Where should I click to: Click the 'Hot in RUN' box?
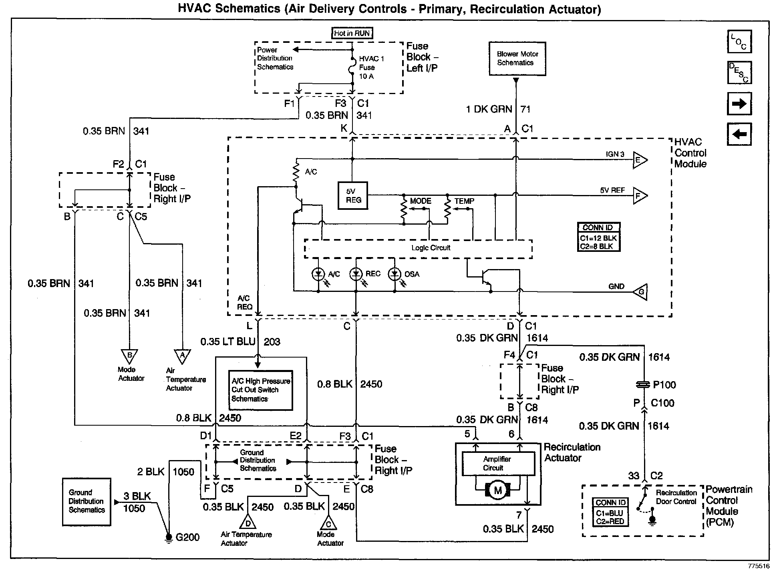pyautogui.click(x=352, y=33)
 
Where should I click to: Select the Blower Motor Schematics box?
pyautogui.click(x=517, y=58)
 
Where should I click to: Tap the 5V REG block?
pyautogui.click(x=352, y=196)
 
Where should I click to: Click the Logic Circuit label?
pyautogui.click(x=431, y=248)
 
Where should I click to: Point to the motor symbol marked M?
pyautogui.click(x=498, y=491)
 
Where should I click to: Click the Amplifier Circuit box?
pyautogui.click(x=498, y=464)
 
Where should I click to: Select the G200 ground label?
pyautogui.click(x=187, y=537)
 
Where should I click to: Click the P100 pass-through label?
pyautogui.click(x=664, y=385)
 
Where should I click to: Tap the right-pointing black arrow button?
pyautogui.click(x=739, y=104)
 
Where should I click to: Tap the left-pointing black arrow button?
pyautogui.click(x=739, y=134)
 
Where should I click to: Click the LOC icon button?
pyautogui.click(x=739, y=42)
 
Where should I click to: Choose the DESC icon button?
pyautogui.click(x=739, y=72)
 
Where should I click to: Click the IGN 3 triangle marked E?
pyautogui.click(x=639, y=161)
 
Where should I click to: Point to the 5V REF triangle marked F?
pyautogui.click(x=639, y=196)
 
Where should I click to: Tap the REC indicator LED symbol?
pyautogui.click(x=355, y=274)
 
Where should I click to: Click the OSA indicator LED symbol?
pyautogui.click(x=395, y=274)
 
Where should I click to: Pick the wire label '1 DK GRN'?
pyautogui.click(x=489, y=109)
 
